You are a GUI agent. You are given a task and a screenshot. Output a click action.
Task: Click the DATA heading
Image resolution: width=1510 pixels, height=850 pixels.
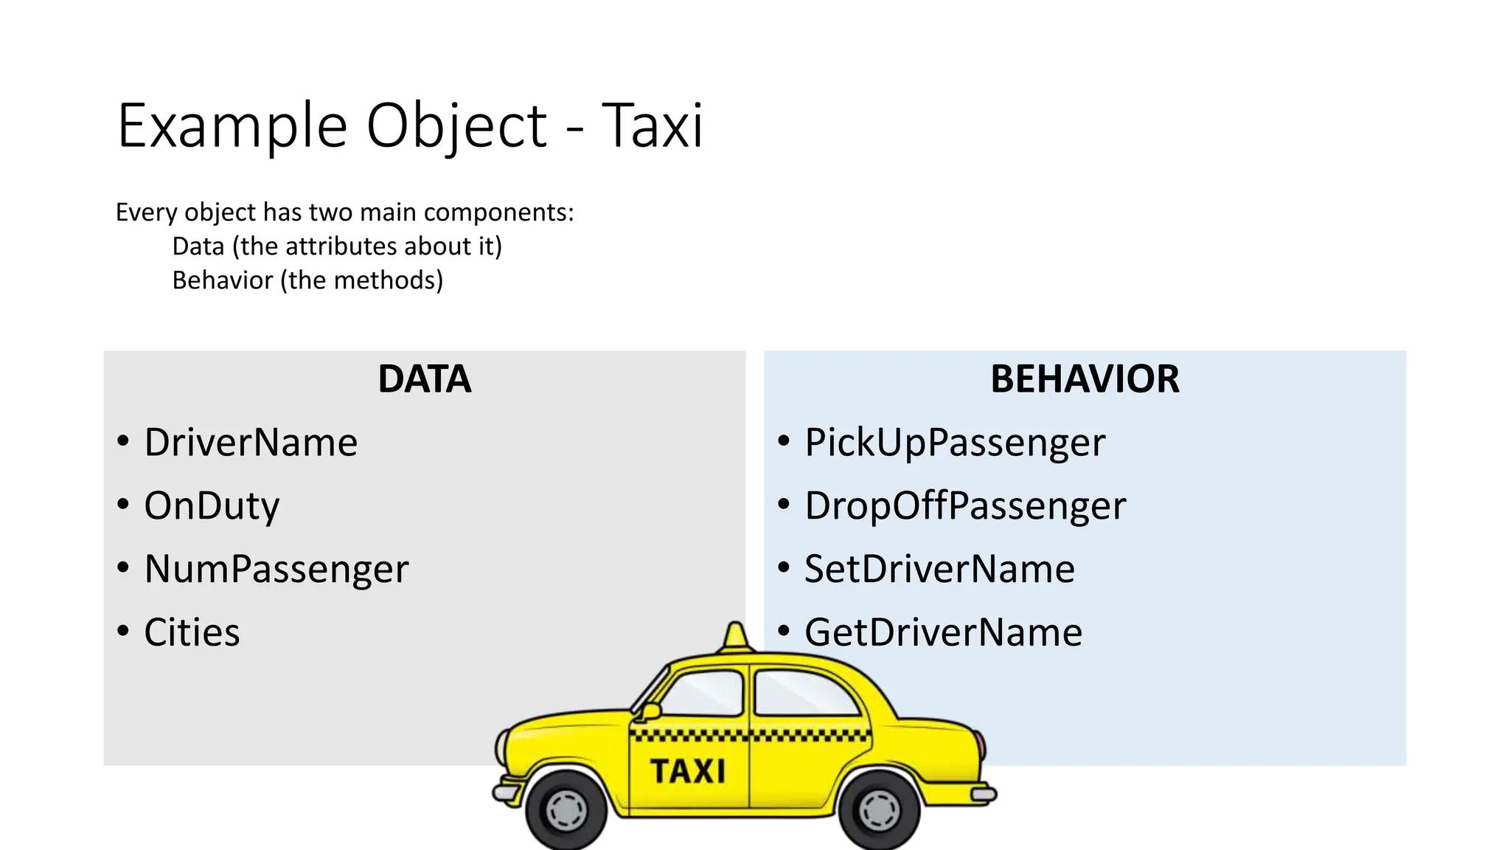click(425, 379)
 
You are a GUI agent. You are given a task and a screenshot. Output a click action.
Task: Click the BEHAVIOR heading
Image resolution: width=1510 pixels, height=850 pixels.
click(1085, 379)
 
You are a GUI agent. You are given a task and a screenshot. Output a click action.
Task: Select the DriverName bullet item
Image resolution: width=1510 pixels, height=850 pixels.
click(251, 443)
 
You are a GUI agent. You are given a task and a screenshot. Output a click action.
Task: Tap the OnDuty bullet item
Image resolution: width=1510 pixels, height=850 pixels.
click(212, 506)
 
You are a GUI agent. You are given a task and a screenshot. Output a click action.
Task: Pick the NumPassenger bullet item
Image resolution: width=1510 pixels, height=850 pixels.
click(276, 570)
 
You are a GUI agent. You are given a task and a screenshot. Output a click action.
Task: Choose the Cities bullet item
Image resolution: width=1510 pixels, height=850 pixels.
click(192, 633)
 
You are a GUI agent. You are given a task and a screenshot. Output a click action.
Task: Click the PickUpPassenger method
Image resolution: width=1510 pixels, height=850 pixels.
click(955, 443)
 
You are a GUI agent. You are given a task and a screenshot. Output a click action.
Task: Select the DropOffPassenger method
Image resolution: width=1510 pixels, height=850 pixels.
click(965, 506)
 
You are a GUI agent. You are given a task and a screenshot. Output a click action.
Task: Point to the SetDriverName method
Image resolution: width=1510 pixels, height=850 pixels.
click(939, 570)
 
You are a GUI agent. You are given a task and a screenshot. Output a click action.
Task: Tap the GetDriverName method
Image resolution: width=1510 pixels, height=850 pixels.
click(943, 633)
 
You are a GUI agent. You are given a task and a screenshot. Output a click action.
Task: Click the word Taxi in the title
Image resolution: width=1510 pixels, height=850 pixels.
click(653, 126)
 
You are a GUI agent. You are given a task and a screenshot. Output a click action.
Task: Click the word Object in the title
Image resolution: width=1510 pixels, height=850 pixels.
click(457, 126)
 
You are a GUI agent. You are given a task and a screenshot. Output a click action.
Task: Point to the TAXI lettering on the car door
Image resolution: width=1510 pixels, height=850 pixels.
click(687, 772)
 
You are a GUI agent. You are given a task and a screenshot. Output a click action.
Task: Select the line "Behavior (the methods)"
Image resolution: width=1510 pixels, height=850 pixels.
click(307, 280)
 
